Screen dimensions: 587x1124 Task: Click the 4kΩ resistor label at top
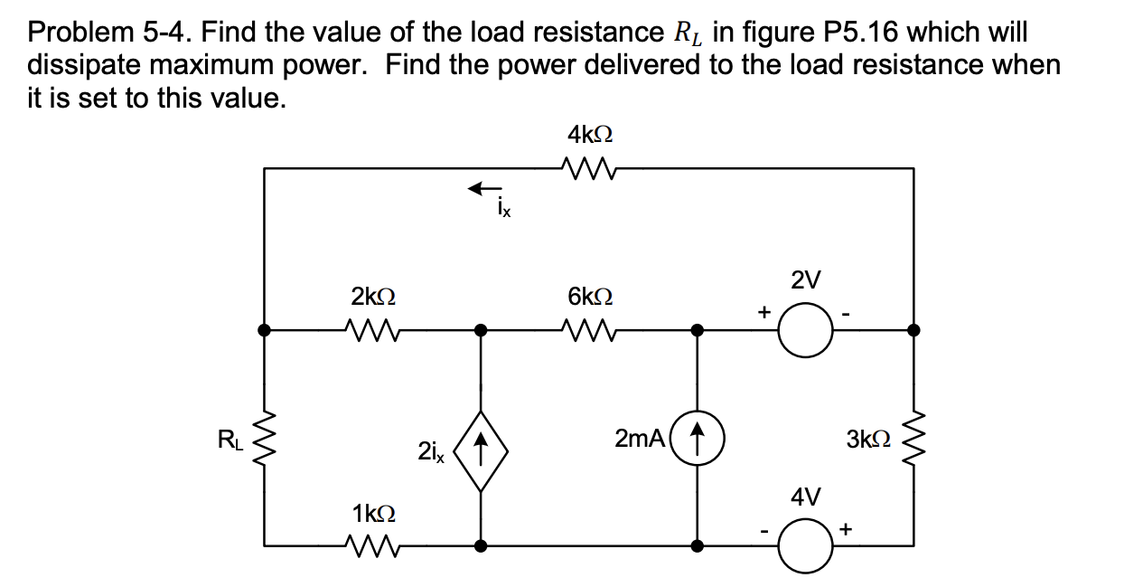point(591,136)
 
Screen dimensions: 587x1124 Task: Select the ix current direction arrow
point(484,188)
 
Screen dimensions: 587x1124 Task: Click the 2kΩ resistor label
point(372,296)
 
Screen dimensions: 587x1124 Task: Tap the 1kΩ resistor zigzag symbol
point(372,545)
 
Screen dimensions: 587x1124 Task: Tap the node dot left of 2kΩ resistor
point(264,331)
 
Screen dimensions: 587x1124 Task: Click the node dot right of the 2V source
point(914,331)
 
